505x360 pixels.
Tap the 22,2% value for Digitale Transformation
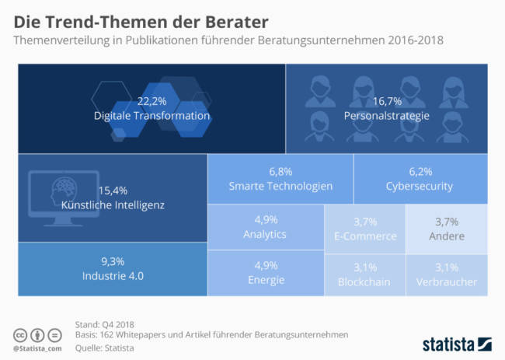151,102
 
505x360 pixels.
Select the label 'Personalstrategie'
386,116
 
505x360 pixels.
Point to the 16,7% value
386,102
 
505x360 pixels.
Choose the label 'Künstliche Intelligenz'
112,205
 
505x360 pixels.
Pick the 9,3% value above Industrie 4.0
113,261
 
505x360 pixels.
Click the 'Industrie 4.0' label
113,275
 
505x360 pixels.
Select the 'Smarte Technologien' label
280,186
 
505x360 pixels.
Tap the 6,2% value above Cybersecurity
420,171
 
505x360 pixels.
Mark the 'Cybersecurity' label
420,186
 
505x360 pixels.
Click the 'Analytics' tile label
265,234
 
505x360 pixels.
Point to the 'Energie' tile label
265,280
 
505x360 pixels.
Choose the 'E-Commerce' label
364,236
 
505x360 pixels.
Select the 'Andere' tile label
447,236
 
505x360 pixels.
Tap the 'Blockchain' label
364,282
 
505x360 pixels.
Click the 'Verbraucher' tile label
447,282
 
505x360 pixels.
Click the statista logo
458,342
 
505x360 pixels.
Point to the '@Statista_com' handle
39,347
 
